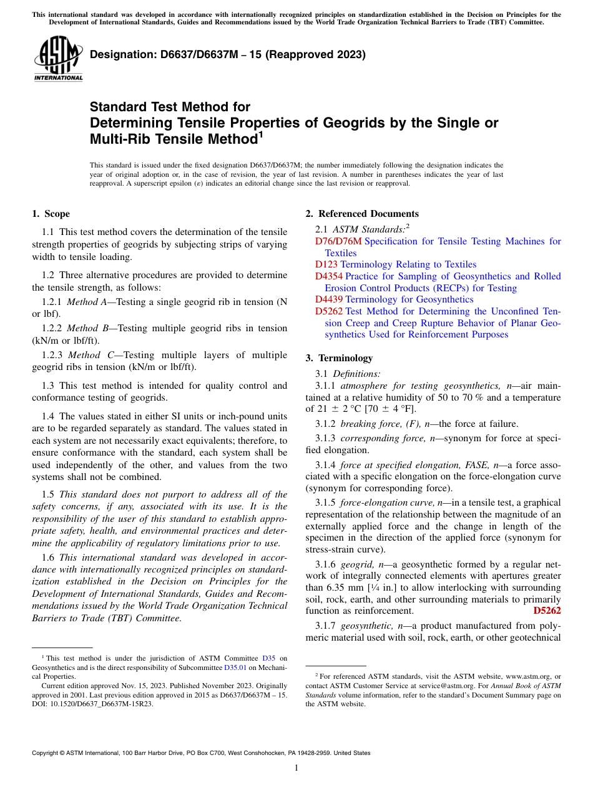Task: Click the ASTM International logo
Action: click(x=57, y=59)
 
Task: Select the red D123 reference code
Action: click(x=326, y=264)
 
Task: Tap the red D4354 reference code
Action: click(x=329, y=276)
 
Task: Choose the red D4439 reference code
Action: click(x=329, y=299)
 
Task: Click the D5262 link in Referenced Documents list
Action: click(x=329, y=311)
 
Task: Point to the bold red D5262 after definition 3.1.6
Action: click(x=547, y=611)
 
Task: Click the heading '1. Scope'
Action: click(x=51, y=214)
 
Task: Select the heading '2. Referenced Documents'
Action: click(x=362, y=214)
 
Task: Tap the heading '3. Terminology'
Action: click(x=339, y=358)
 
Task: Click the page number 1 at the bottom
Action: click(x=296, y=768)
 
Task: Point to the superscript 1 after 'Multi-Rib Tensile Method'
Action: click(x=261, y=134)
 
